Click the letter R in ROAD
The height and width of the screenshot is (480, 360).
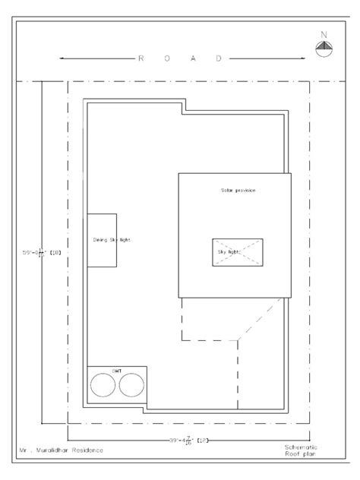point(141,58)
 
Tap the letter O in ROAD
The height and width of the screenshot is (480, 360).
point(167,58)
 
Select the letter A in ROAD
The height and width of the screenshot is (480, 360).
point(193,58)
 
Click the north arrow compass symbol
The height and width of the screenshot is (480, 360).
point(324,49)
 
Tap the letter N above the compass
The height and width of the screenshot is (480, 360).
point(324,34)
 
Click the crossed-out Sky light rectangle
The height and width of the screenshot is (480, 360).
point(237,251)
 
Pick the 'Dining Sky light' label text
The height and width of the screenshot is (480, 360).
point(111,239)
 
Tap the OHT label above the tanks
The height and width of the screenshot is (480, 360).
point(118,371)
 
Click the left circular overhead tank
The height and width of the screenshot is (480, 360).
point(103,387)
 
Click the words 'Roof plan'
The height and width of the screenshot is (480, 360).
point(302,456)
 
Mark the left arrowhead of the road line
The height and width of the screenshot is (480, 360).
point(62,58)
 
